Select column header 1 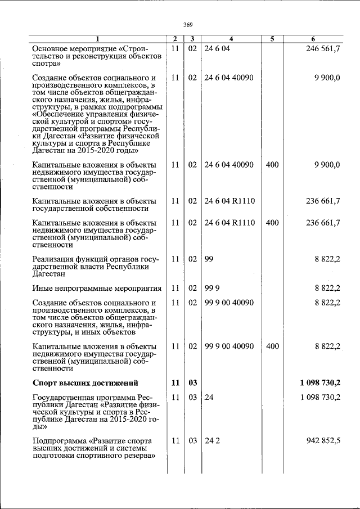tap(97, 39)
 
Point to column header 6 tap(313, 39)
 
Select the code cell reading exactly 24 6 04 tap(217, 49)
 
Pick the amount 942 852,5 tap(323, 440)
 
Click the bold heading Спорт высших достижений tap(85, 384)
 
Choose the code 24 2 tap(212, 440)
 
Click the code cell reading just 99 tap(209, 259)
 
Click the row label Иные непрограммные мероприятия tap(97, 289)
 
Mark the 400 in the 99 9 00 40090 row tap(272, 346)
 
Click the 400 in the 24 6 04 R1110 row tap(272, 222)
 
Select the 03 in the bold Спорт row tap(192, 384)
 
